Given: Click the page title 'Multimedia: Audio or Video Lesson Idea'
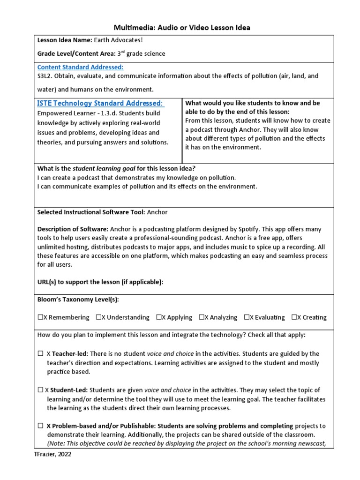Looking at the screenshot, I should coord(183,28).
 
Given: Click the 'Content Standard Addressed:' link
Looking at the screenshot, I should coord(80,67).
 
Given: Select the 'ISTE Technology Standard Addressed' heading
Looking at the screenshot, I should coord(100,103).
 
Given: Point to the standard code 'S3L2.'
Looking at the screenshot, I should coord(46,76).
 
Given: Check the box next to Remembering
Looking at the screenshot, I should coord(40,317).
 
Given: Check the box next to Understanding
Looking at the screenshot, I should coord(99,317).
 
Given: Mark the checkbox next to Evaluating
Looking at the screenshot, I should coord(247,317).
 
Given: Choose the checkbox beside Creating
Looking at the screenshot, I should coord(294,317).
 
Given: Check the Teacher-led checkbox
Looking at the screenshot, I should coord(40,354).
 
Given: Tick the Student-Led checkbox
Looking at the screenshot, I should coord(40,390).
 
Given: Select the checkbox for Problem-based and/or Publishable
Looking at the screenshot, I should coord(40,426).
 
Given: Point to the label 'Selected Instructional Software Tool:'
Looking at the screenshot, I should coord(91,212).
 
